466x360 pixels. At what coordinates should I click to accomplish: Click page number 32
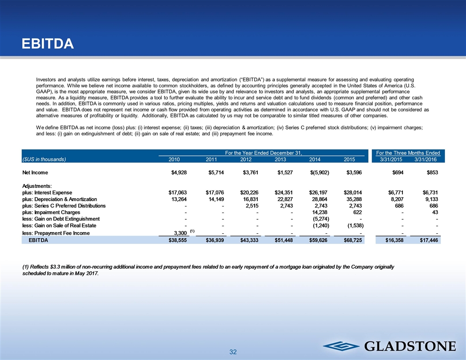point(233,352)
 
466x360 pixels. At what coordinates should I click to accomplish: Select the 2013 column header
point(280,159)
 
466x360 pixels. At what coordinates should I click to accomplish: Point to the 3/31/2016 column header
point(425,159)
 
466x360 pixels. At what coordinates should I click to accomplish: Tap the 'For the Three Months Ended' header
point(408,153)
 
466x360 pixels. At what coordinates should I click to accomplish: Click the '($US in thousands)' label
point(44,159)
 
